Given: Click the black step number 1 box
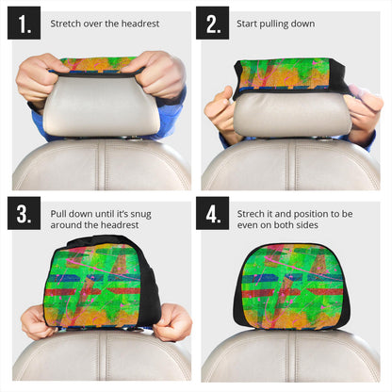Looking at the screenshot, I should [24, 23].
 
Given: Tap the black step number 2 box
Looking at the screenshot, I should [212, 23].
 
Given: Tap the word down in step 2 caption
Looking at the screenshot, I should [302, 23].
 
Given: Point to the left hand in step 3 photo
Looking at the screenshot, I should [38, 320].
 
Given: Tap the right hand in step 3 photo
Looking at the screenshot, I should [174, 320].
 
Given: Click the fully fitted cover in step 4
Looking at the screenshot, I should [291, 287].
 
